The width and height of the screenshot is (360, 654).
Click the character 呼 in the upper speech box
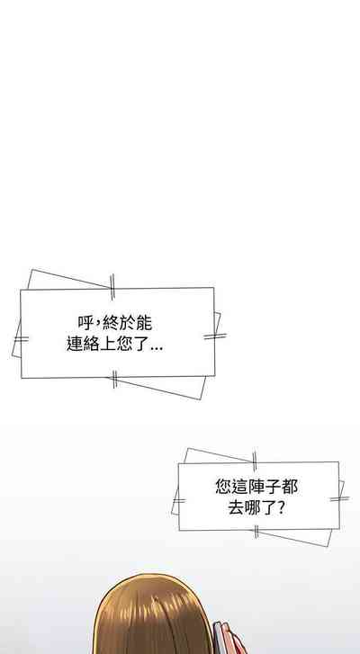coord(85,323)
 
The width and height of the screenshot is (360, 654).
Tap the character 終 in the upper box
coord(110,323)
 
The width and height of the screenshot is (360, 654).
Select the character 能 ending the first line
coord(143,323)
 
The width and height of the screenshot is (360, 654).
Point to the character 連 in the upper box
coord(75,344)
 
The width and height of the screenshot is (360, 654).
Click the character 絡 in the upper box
coord(92,344)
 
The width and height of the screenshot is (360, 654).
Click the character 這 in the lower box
coord(240,487)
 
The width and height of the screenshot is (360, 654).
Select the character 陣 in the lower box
coord(256,487)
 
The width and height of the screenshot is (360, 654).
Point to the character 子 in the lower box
coord(274,487)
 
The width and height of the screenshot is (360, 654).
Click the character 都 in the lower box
coord(290,487)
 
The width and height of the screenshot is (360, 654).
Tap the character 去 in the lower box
coord(236,507)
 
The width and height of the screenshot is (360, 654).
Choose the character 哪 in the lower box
coord(253,507)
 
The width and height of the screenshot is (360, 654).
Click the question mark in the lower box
coord(281,507)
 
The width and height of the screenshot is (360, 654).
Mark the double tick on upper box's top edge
coord(112,287)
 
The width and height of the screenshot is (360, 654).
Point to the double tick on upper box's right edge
coord(215,336)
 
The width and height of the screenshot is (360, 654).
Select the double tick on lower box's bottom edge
coord(256,532)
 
